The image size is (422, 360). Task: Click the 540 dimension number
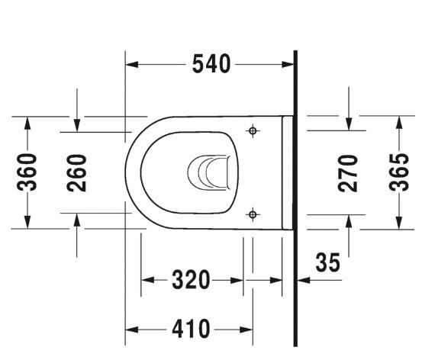[x=211, y=65]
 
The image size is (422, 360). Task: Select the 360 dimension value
[x=27, y=172]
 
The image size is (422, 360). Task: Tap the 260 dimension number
[x=76, y=172]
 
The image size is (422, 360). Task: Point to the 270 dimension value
[x=349, y=172]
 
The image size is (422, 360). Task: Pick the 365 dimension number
[x=398, y=172]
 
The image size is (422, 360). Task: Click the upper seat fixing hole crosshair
[x=253, y=131]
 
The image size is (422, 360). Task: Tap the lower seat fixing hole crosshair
[x=253, y=215]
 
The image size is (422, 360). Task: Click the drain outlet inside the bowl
[x=208, y=172]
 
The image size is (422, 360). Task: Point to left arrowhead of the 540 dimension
[x=130, y=65]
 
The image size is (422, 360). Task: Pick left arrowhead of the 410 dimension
[x=130, y=329]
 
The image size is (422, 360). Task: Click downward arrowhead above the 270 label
[x=349, y=124]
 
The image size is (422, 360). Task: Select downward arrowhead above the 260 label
[x=76, y=124]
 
